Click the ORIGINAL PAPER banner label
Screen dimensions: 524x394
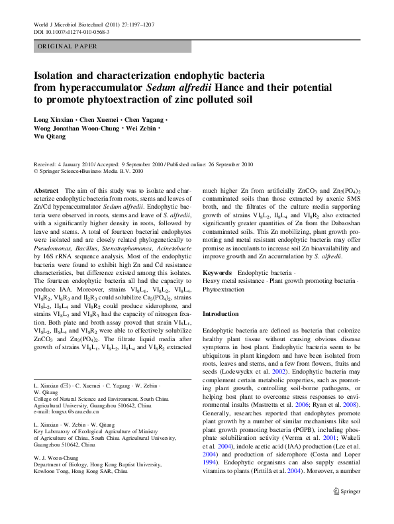(68, 46)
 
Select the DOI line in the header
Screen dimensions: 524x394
(72, 31)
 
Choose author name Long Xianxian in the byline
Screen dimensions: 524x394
(56, 119)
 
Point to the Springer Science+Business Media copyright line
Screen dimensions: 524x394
(88, 171)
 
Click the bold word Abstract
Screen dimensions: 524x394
(46, 190)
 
